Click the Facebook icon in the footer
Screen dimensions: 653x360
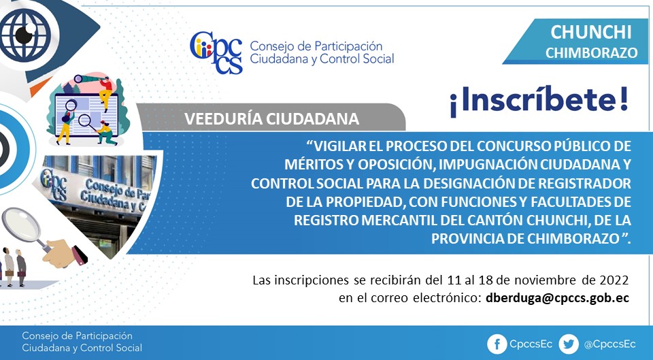[x=497, y=344]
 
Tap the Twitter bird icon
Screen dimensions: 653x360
[x=569, y=344]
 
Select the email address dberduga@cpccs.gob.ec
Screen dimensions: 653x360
[x=557, y=298]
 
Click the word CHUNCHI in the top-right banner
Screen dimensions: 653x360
[x=591, y=32]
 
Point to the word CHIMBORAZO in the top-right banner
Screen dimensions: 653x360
[x=591, y=53]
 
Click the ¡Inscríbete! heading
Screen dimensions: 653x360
[x=539, y=101]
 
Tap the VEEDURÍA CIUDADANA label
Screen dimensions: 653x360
[x=271, y=118]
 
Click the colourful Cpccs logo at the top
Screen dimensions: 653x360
[x=216, y=52]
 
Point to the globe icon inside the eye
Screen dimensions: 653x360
[x=25, y=35]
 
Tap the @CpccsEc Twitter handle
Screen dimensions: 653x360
[x=609, y=344]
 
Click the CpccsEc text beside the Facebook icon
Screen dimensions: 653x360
[x=531, y=344]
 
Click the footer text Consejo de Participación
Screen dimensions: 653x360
[x=77, y=336]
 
